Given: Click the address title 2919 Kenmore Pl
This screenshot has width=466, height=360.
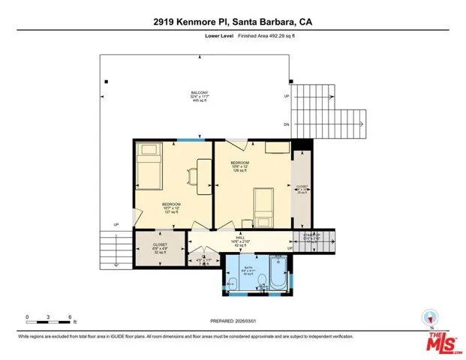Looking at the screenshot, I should coord(232,22).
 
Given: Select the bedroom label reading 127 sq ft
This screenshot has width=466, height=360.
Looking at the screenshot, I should coord(172,208).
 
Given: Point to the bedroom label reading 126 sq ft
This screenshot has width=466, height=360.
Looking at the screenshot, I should coord(239,166).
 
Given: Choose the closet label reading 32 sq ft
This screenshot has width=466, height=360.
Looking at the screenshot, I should coord(159,249).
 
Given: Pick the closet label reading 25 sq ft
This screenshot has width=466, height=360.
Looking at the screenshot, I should coord(302,190).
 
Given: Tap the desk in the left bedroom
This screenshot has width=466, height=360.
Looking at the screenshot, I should coord(203,172).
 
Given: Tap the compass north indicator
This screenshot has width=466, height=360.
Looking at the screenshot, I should coord(429,318).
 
